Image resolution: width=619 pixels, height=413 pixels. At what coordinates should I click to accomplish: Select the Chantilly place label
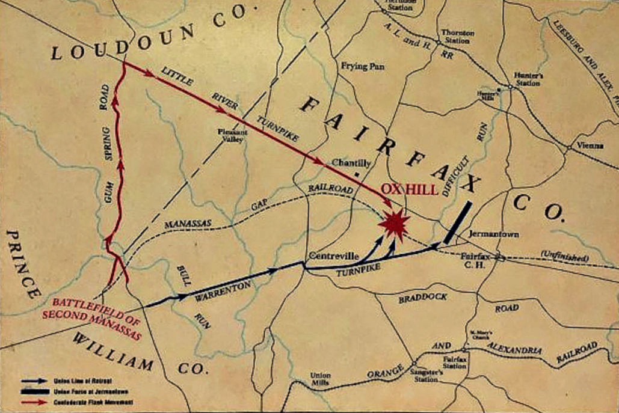351,164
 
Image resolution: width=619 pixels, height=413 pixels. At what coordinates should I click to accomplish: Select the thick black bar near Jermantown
457,222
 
